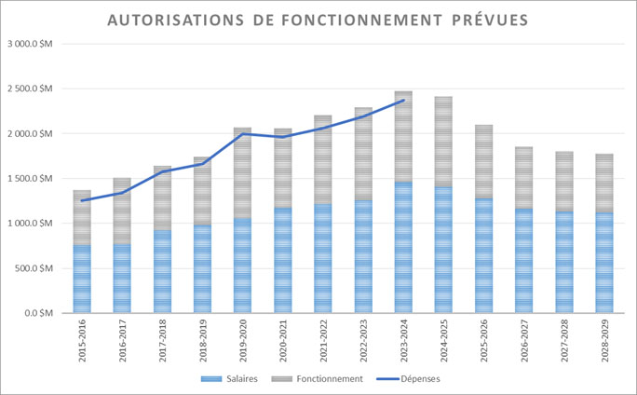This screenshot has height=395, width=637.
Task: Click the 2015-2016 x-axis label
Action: (82, 340)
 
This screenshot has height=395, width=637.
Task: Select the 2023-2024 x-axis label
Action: (403, 340)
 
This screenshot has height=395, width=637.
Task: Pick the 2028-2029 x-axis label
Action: (603, 340)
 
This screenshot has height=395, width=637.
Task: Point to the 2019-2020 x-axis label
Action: (242, 340)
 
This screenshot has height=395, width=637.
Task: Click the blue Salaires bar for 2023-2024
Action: (403, 247)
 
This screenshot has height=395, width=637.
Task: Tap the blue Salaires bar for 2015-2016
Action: (82, 279)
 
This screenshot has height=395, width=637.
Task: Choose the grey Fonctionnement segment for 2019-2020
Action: (242, 172)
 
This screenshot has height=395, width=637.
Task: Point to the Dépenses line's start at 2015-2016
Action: (82, 200)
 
